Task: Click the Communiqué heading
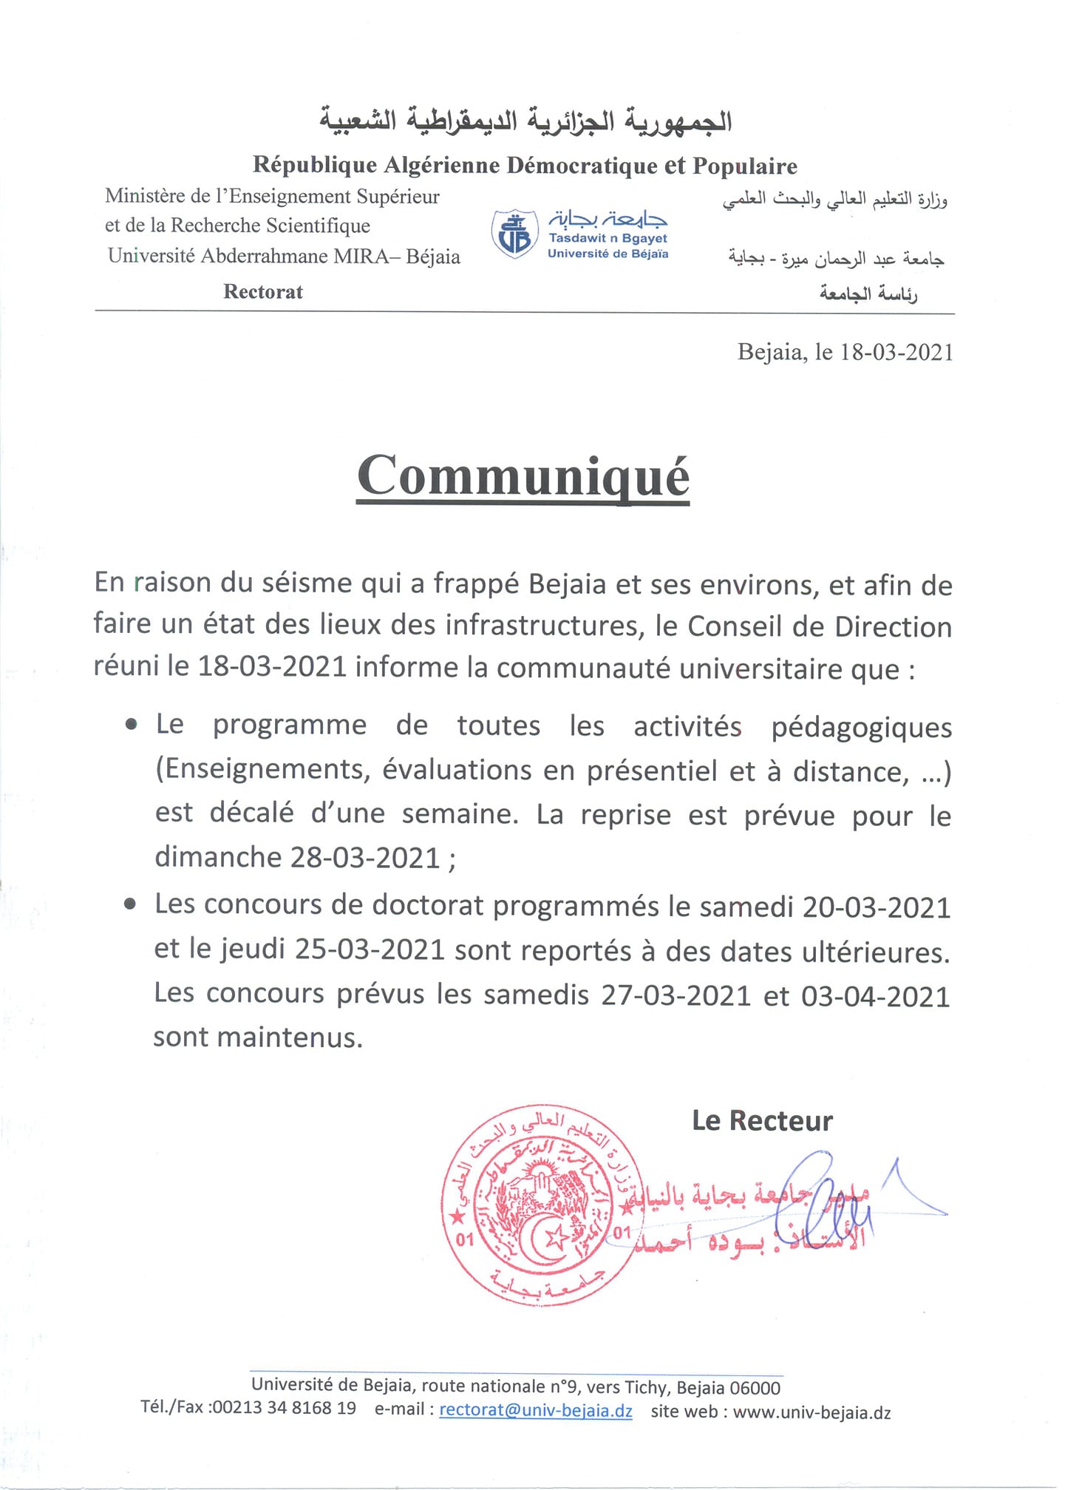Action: tap(523, 476)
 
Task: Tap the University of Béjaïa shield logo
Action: tap(514, 234)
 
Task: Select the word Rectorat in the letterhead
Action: tap(262, 292)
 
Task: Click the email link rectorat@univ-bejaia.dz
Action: tap(535, 1410)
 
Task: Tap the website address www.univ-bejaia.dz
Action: tap(811, 1412)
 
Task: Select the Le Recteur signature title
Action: tap(762, 1121)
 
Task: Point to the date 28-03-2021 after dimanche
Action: tap(366, 858)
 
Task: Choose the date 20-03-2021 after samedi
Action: tap(876, 907)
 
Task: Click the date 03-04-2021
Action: tap(875, 996)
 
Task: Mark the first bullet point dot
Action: tap(132, 725)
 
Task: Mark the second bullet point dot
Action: tap(131, 904)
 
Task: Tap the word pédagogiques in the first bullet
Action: tap(861, 728)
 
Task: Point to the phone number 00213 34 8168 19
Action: tap(284, 1407)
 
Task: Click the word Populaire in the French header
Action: tap(744, 166)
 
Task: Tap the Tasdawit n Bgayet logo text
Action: tap(608, 238)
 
